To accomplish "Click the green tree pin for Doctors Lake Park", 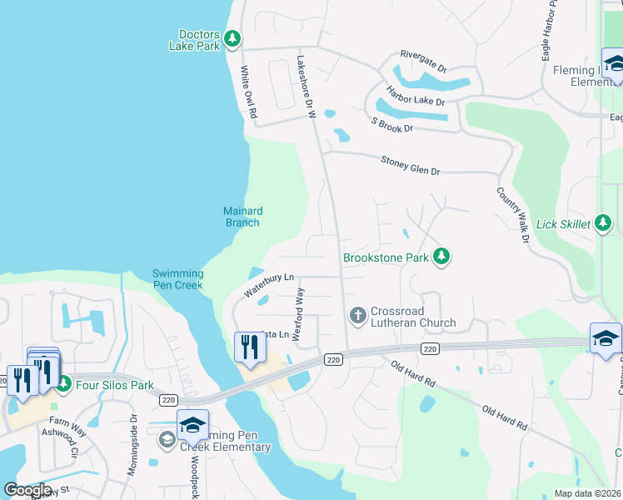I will [233, 38].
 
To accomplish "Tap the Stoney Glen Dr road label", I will [410, 166].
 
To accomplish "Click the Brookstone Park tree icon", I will [441, 257].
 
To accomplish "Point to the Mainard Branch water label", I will [242, 217].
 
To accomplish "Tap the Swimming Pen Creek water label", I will [178, 279].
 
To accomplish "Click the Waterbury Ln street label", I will [269, 285].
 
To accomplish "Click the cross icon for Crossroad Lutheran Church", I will [357, 315].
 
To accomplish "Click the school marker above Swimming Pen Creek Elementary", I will [192, 424].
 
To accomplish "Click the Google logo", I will [27, 490].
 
